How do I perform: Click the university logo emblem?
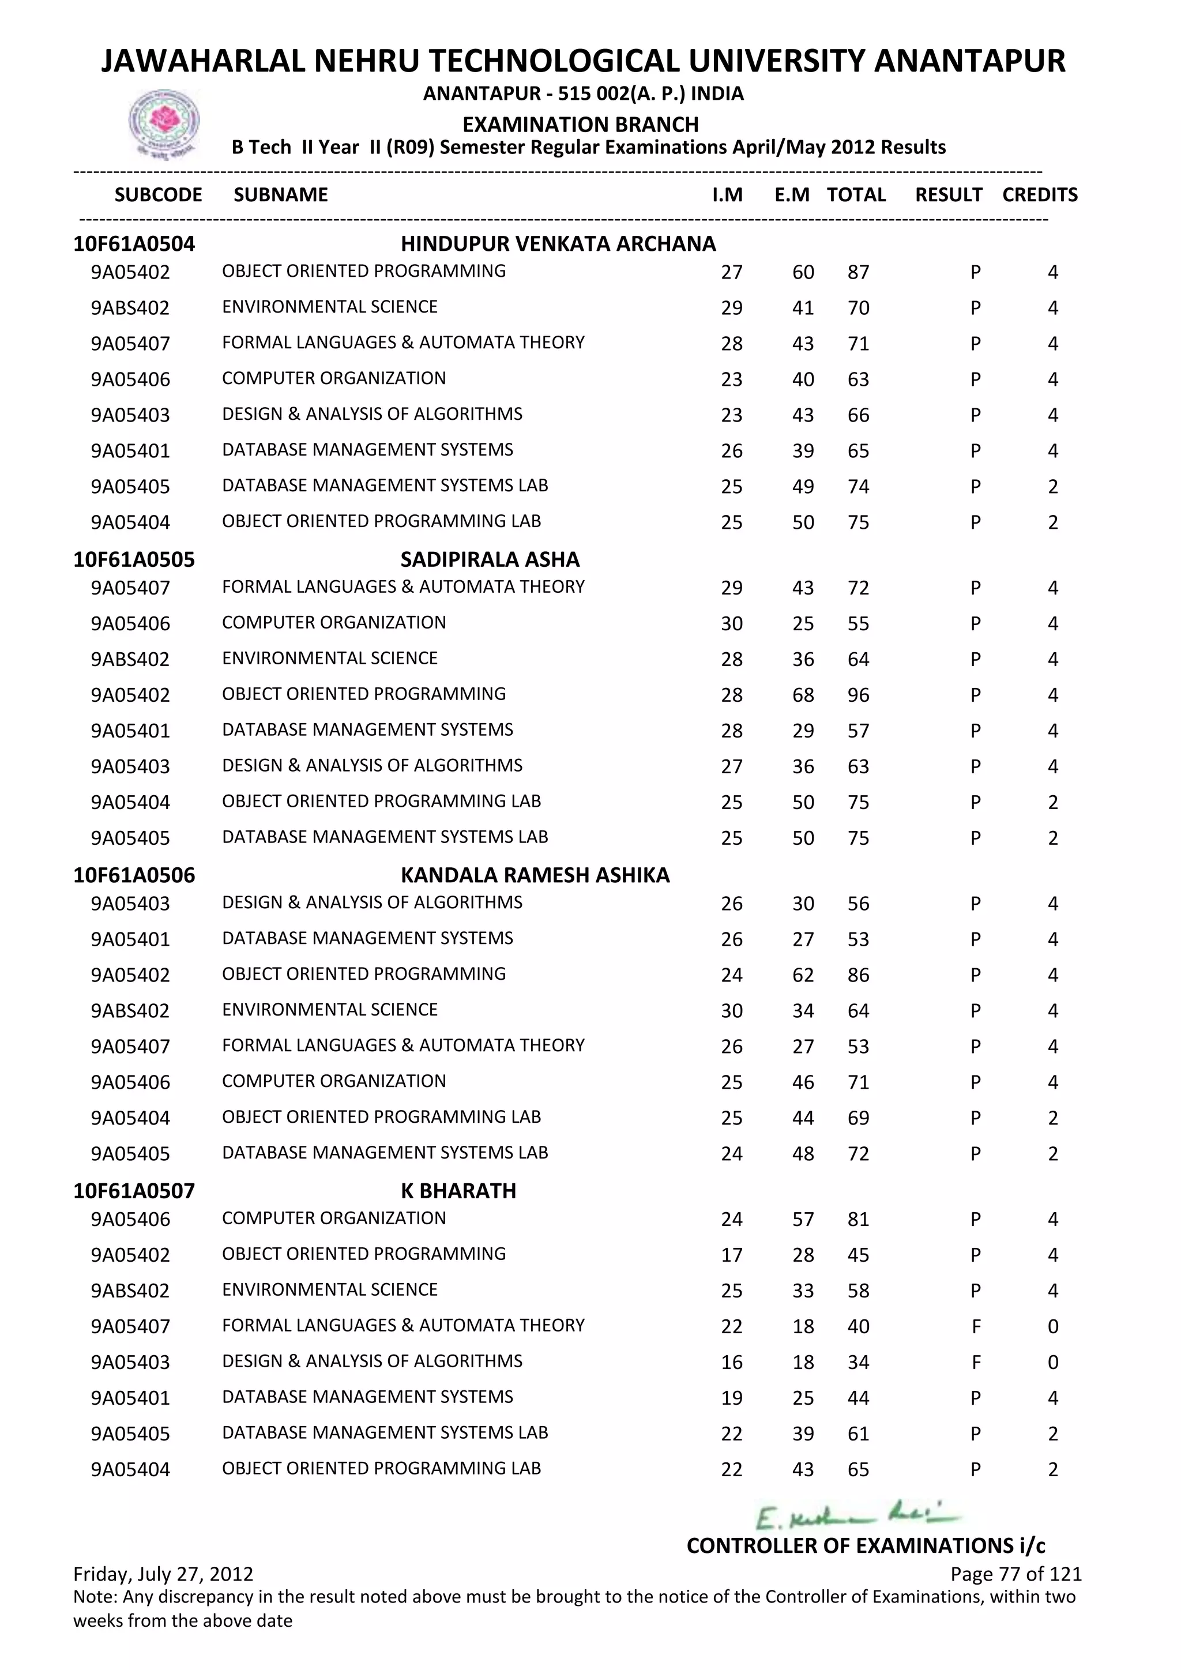(164, 123)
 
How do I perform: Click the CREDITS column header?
(1039, 195)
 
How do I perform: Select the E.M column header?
(792, 195)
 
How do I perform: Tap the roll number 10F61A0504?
(134, 244)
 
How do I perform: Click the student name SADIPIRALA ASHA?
(490, 559)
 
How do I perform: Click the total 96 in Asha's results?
(858, 695)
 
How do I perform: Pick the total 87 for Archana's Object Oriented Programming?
(858, 273)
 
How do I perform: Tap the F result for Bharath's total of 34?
(976, 1362)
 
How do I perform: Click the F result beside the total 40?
(976, 1327)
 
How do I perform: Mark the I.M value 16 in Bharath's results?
(732, 1362)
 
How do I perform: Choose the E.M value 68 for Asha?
(803, 695)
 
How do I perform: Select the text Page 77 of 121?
(1015, 1574)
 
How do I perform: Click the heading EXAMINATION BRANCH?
(580, 125)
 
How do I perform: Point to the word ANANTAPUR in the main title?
(969, 61)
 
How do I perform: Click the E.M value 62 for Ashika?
(803, 975)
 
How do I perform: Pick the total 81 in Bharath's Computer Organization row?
(858, 1219)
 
